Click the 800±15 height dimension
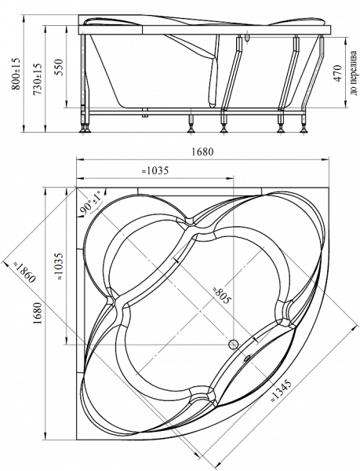pyautogui.click(x=16, y=74)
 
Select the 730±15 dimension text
pyautogui.click(x=38, y=79)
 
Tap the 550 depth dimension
pyautogui.click(x=59, y=67)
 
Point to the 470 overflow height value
pyautogui.click(x=337, y=73)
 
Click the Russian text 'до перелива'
pyautogui.click(x=354, y=72)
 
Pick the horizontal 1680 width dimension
pyautogui.click(x=202, y=152)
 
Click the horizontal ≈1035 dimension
pyautogui.click(x=155, y=170)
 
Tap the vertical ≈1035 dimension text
pyautogui.click(x=59, y=266)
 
